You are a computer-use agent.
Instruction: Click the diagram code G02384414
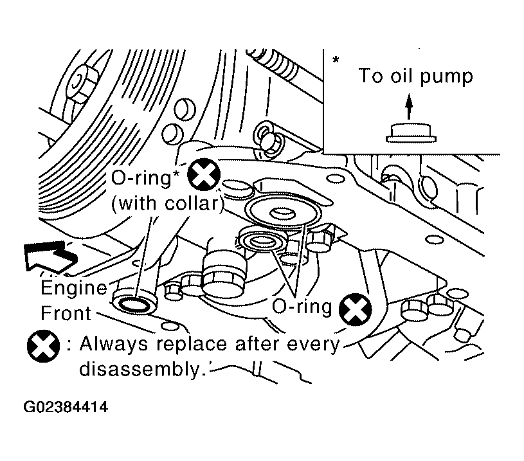coord(66,407)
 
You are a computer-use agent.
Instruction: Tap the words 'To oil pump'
coord(416,76)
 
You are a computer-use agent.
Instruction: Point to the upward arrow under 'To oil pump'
coord(409,106)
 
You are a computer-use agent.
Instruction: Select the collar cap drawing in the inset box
coord(411,133)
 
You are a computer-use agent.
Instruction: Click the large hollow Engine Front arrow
coord(50,256)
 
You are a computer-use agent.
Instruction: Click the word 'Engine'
coord(73,288)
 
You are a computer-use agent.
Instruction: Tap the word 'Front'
coord(66,313)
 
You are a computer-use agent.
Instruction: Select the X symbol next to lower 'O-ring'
coord(355,309)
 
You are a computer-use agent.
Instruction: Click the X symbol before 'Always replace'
coord(44,346)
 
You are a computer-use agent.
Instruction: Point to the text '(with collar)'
coord(168,203)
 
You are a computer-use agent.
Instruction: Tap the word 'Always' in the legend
coord(114,345)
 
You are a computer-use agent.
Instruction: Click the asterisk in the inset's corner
coord(336,60)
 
